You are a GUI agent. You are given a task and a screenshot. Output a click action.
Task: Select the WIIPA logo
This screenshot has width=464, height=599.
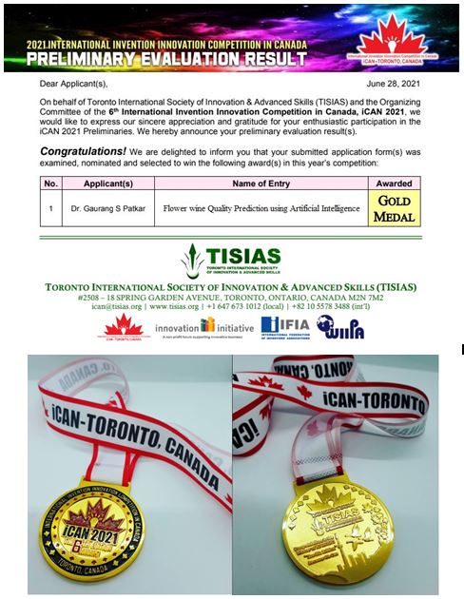point(338,328)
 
